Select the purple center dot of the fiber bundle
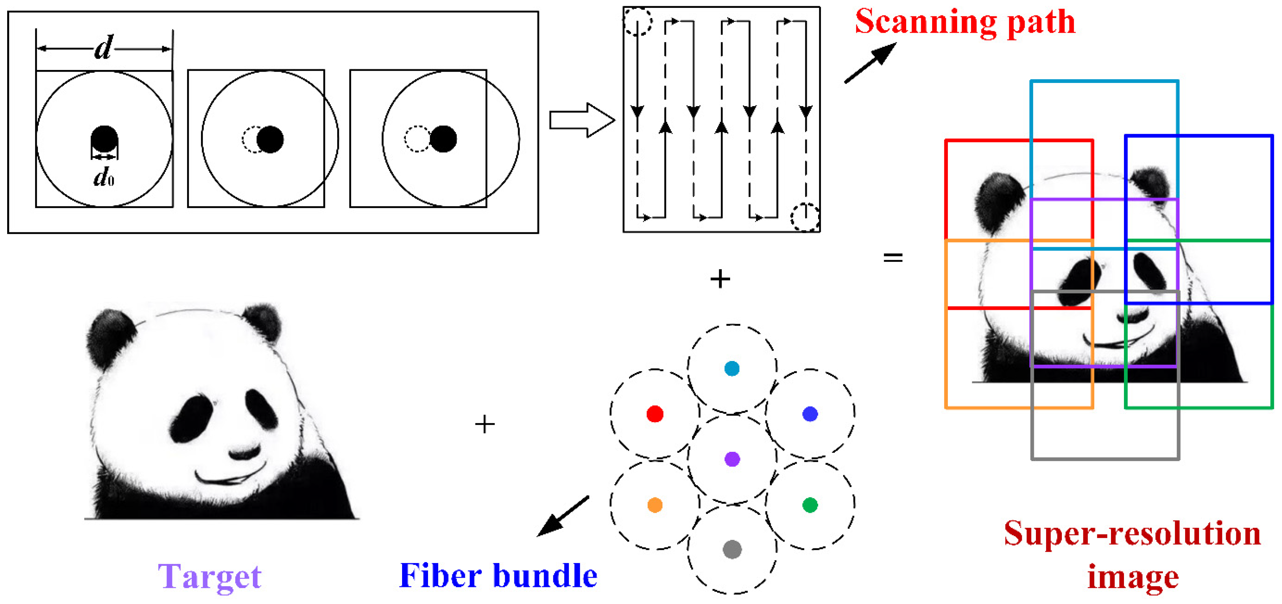click(x=732, y=459)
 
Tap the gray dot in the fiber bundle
click(x=732, y=549)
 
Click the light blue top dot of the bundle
click(x=732, y=368)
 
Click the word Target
click(x=210, y=577)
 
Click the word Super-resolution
click(x=1132, y=534)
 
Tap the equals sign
click(x=893, y=257)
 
